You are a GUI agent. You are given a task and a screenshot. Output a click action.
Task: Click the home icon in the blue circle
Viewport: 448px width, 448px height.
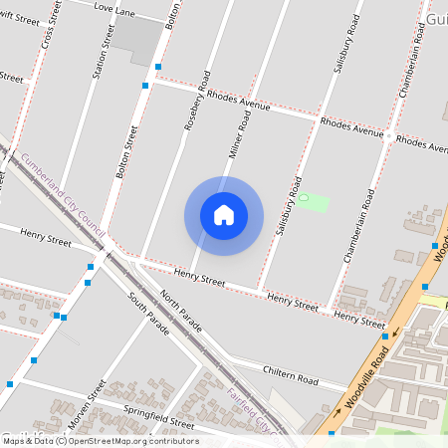click(x=224, y=215)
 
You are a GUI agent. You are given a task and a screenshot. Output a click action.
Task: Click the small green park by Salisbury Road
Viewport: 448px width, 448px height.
click(x=313, y=202)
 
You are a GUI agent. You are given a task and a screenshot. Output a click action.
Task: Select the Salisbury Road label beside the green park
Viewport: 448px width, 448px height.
click(x=289, y=206)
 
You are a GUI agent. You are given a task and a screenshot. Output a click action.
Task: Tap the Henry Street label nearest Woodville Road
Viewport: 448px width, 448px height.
click(x=359, y=319)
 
